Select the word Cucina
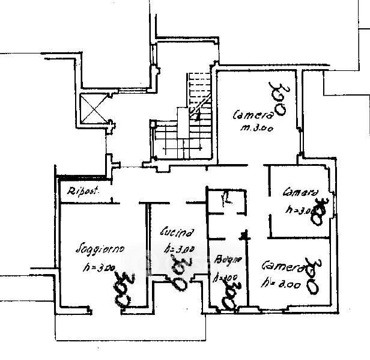pos(177,231)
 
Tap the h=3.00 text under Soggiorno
pos(96,267)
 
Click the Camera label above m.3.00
pos(253,114)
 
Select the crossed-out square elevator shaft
pos(92,110)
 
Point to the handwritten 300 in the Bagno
pos(228,294)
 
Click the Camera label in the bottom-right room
pos(281,265)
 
